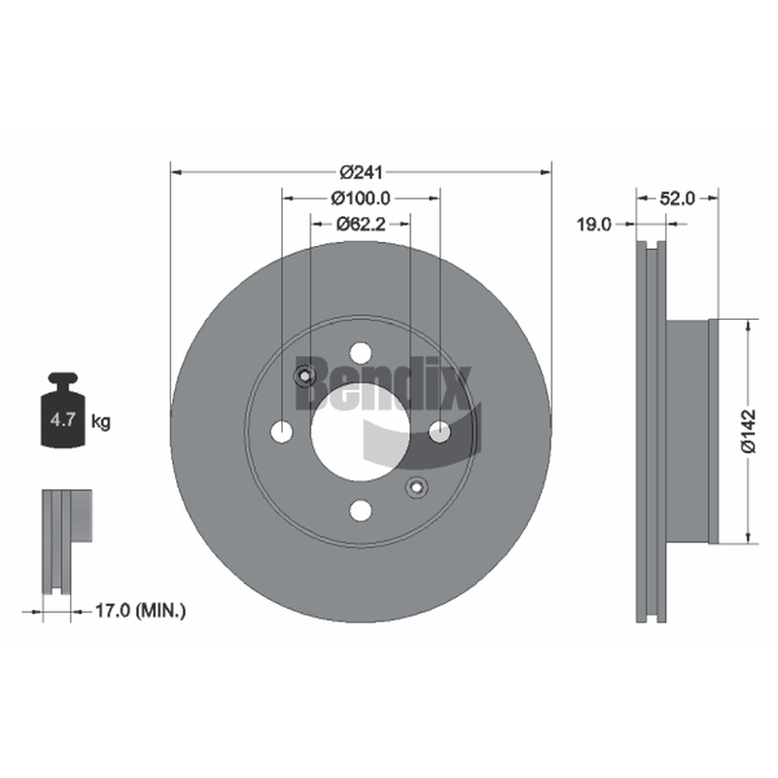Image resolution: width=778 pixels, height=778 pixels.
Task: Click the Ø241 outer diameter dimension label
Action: (361, 172)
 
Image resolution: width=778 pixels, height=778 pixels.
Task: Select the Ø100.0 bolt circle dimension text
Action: (361, 198)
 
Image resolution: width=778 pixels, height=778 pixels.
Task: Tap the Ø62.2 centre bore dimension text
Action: (361, 225)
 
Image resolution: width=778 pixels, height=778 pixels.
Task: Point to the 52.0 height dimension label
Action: (677, 198)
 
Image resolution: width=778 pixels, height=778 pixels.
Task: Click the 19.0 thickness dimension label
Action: (593, 225)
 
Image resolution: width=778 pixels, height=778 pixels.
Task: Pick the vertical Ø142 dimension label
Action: (748, 431)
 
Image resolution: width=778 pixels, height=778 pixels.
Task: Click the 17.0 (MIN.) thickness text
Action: (140, 611)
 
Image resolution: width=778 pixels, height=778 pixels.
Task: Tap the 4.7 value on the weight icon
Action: (62, 420)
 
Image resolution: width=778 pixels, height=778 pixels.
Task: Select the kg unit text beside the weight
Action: (101, 423)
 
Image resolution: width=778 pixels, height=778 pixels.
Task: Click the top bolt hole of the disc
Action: (361, 353)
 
